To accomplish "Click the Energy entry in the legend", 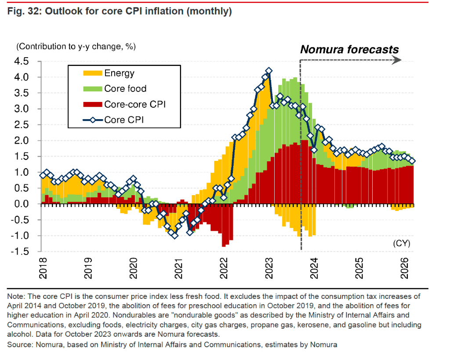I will click(119, 73).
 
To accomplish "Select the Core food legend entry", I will click(125, 89).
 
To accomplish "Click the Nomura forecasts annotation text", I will click(349, 49).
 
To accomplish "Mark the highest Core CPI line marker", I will click(269, 71).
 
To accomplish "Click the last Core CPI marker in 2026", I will click(412, 161).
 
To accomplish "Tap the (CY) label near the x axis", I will click(401, 242).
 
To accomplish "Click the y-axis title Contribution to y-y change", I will click(76, 46).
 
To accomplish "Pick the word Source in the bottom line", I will click(19, 345).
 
